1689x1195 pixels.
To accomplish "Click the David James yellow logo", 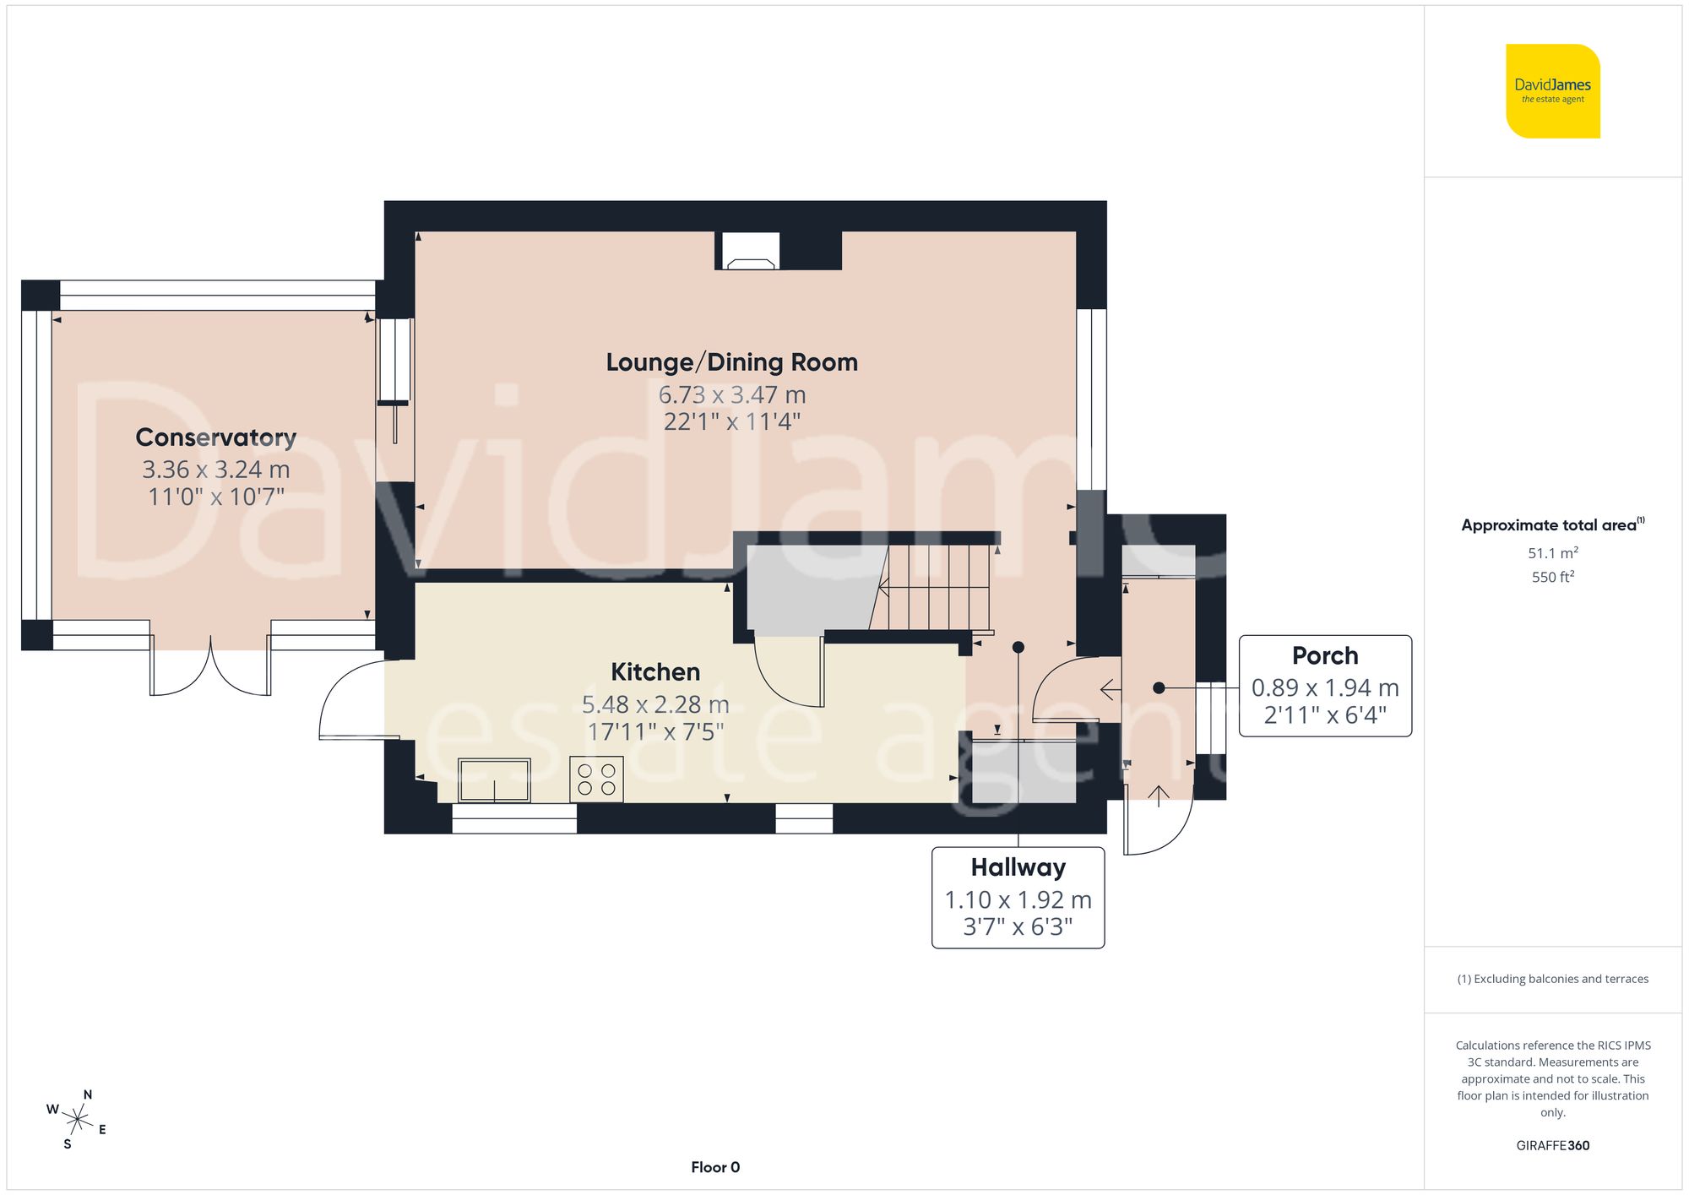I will (x=1552, y=91).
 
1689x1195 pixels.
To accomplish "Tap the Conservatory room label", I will (x=216, y=437).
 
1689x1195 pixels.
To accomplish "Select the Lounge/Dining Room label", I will (x=731, y=362).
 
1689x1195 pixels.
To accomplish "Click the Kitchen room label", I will (x=655, y=672).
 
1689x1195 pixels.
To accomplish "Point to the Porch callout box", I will (x=1324, y=685).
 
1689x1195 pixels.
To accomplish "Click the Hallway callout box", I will (x=1018, y=897).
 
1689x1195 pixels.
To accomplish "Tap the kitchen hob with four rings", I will (x=596, y=779).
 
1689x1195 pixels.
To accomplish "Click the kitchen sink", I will (x=494, y=779).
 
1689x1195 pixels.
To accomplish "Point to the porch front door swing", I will (x=1157, y=823).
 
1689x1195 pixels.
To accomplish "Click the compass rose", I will (x=77, y=1120).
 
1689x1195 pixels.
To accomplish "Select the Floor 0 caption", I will (x=715, y=1167).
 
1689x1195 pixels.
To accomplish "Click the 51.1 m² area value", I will (x=1552, y=553).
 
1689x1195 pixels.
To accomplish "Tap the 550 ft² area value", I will (x=1552, y=577).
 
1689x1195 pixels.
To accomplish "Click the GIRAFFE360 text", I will (x=1552, y=1145).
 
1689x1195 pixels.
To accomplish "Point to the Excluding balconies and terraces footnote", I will (x=1552, y=979).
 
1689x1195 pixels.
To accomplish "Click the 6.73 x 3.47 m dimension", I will (x=731, y=394).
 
